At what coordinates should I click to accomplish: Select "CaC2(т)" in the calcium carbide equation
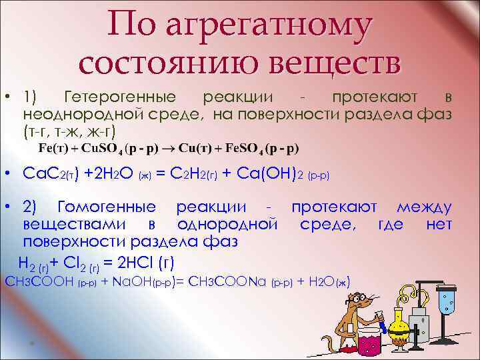point(51,175)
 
